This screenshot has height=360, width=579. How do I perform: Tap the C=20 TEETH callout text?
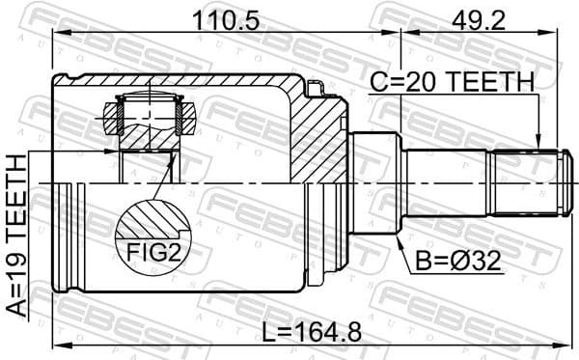452,84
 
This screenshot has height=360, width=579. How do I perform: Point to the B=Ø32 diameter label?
458,261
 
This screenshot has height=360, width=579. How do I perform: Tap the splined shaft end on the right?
526,181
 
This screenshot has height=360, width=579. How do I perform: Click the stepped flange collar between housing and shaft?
375,181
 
